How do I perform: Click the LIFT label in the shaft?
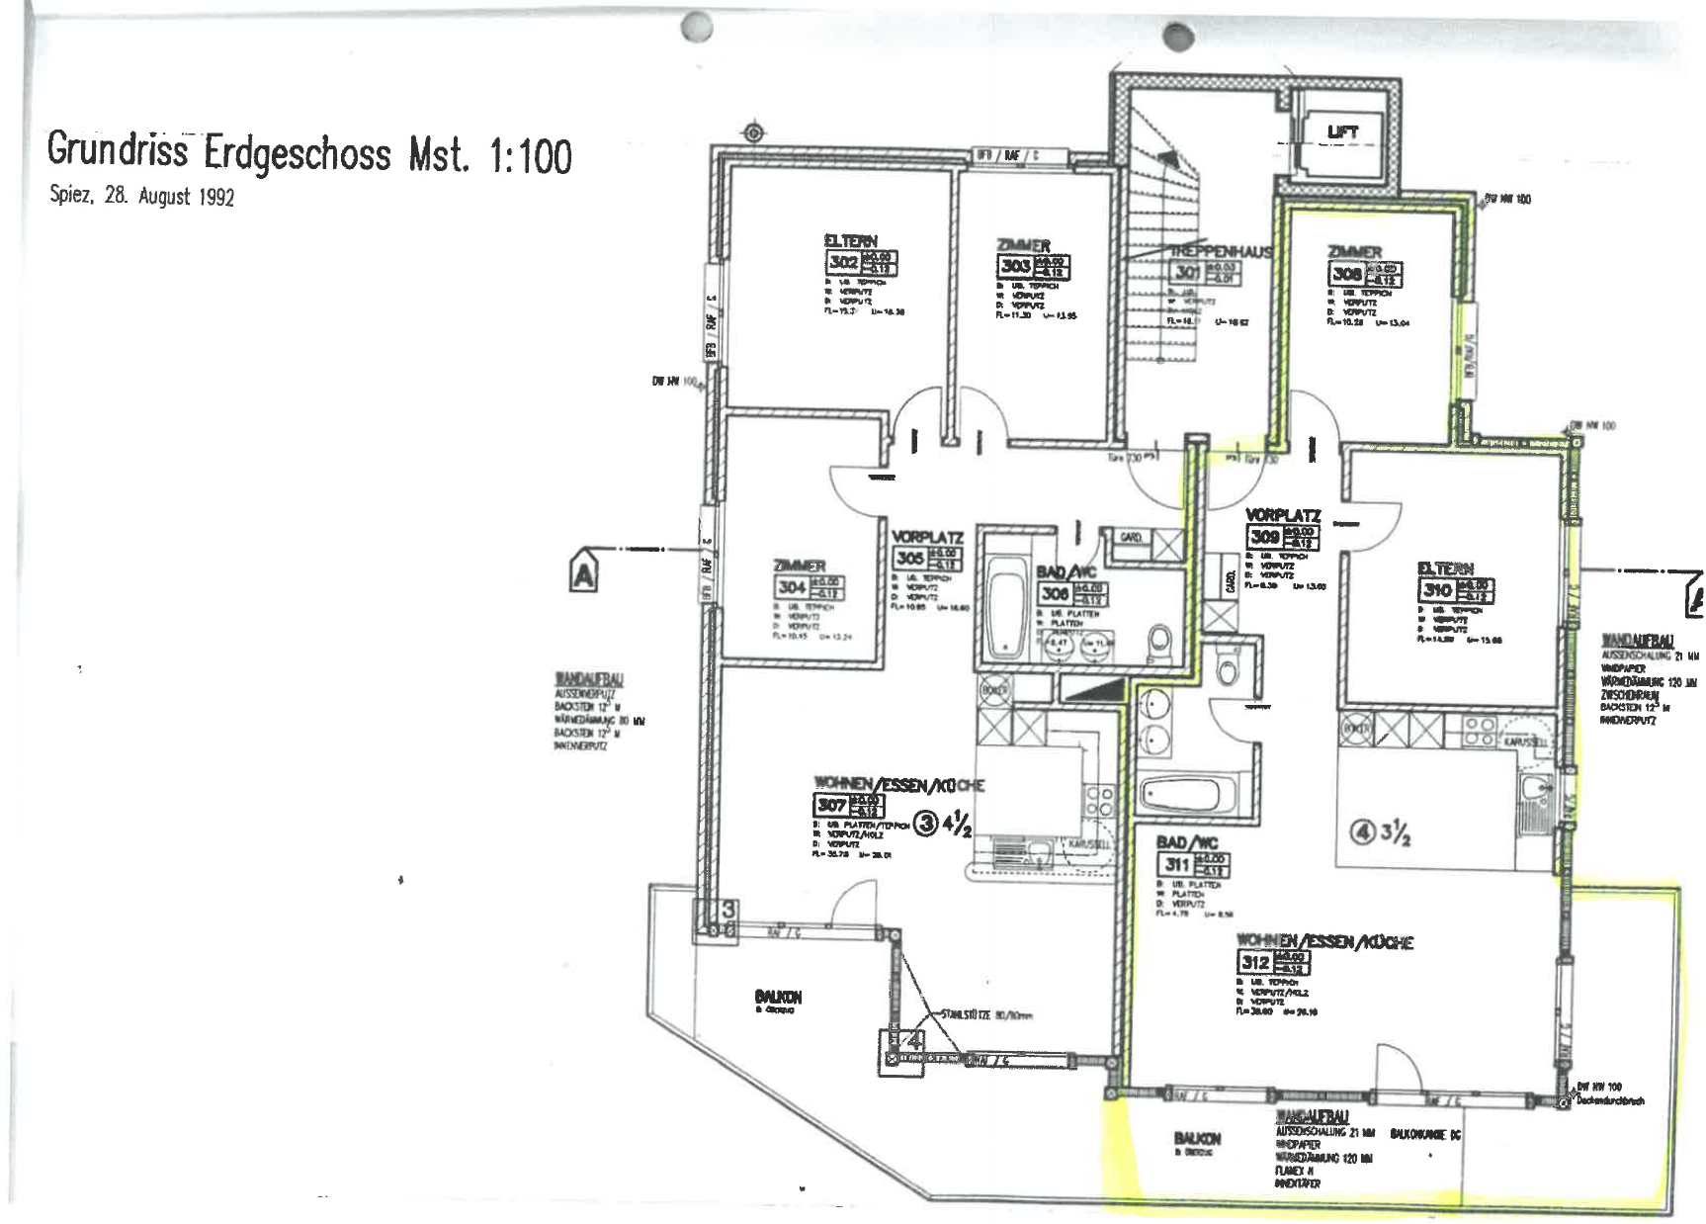tap(1342, 131)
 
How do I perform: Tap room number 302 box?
tap(843, 263)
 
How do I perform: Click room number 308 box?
tap(1346, 274)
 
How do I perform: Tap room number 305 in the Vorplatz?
tap(909, 559)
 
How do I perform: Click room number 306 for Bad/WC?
tap(1055, 593)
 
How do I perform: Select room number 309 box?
tap(1264, 537)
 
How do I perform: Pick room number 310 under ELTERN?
tap(1437, 590)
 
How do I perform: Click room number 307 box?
tap(831, 805)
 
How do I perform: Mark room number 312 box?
tap(1255, 962)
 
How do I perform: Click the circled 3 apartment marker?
tap(926, 823)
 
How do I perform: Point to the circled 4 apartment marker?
tap(1364, 833)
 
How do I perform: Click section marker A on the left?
tap(584, 574)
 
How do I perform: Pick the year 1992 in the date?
tap(216, 197)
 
